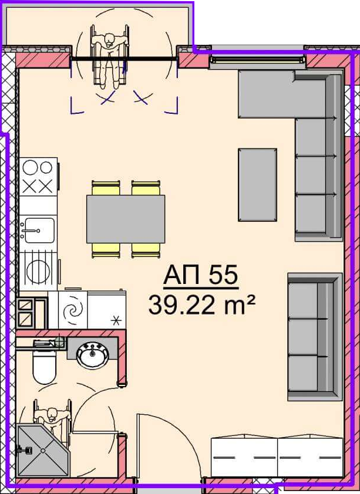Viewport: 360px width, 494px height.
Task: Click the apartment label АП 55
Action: coord(201,275)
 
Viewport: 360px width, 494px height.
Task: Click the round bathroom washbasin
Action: coord(93,356)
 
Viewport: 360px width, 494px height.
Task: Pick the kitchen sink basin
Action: coord(39,231)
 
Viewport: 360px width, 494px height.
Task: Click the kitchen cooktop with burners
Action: coord(38,177)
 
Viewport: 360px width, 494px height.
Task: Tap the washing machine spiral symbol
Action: coord(73,310)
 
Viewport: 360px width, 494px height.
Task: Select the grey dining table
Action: coord(126,219)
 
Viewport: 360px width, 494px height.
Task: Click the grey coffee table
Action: coord(258,185)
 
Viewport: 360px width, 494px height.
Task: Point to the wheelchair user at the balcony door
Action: coord(110,60)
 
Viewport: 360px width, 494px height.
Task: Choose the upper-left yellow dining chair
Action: coord(106,188)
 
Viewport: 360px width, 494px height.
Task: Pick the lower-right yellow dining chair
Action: coord(145,251)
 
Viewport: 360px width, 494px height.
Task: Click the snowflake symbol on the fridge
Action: coord(116,321)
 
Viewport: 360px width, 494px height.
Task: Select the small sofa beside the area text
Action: coord(315,337)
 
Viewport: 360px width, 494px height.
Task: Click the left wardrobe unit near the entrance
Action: coord(244,457)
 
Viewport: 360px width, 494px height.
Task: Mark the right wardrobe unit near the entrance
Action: coord(311,457)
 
